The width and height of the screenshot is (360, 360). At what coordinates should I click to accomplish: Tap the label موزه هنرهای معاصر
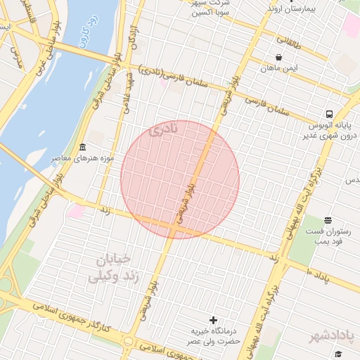click(82, 158)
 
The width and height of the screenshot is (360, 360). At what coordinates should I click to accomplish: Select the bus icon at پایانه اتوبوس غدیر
click(328, 114)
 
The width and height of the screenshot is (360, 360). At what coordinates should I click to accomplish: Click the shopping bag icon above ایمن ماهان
click(279, 58)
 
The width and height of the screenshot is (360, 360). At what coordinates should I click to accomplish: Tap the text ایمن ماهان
click(278, 68)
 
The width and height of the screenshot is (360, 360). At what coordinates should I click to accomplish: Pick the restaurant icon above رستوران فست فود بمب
click(328, 221)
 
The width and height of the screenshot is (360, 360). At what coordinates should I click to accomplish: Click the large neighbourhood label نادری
click(163, 129)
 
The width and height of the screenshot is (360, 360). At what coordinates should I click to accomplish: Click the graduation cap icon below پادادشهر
click(337, 354)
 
